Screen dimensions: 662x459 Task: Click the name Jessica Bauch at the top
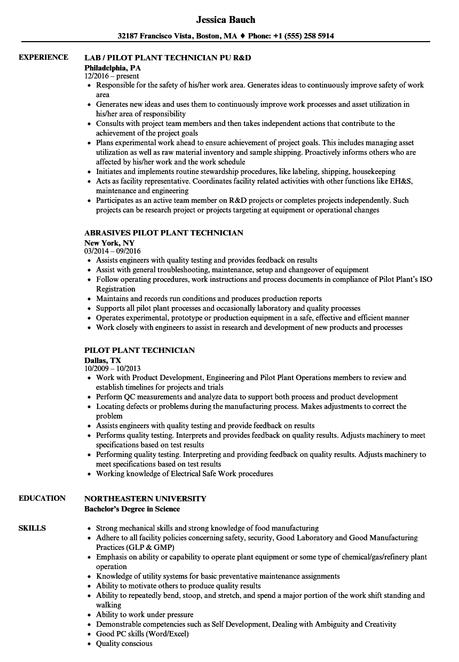pyautogui.click(x=226, y=20)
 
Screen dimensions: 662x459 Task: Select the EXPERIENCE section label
pyautogui.click(x=43, y=57)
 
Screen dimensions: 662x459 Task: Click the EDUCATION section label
pyautogui.click(x=42, y=498)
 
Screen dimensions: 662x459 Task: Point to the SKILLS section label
pyautogui.click(x=32, y=528)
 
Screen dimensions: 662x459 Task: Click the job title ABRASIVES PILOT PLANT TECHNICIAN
pyautogui.click(x=164, y=233)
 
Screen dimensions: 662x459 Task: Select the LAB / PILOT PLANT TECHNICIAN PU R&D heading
pyautogui.click(x=168, y=57)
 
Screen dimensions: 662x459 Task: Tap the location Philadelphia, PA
pyautogui.click(x=113, y=67)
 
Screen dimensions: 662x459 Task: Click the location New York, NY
pyautogui.click(x=109, y=242)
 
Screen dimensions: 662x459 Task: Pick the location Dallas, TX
pyautogui.click(x=102, y=360)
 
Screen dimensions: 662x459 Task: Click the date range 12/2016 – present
pyautogui.click(x=112, y=76)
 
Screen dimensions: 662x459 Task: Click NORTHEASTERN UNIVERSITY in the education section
pyautogui.click(x=145, y=498)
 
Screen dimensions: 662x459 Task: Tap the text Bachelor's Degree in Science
pyautogui.click(x=132, y=509)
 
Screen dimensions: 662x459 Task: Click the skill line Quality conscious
pyautogui.click(x=124, y=643)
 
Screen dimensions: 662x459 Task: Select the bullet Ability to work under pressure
pyautogui.click(x=145, y=614)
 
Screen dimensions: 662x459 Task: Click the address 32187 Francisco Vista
pyautogui.click(x=159, y=36)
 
